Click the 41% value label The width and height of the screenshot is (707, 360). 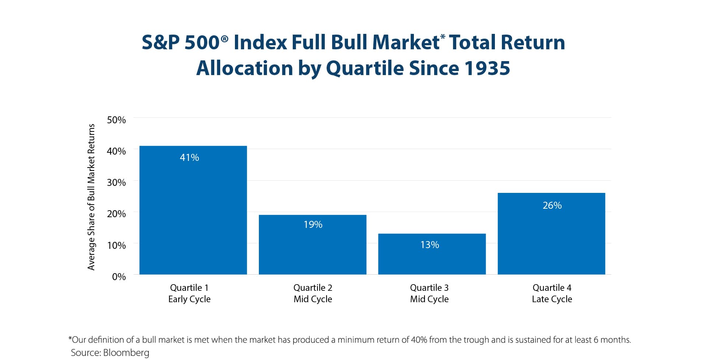pos(189,158)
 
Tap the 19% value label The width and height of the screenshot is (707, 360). pos(313,225)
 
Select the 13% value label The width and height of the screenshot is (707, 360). pos(429,245)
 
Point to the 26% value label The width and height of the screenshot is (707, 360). pos(552,205)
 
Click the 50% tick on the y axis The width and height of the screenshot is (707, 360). pos(116,120)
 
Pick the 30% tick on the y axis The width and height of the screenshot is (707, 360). pos(116,183)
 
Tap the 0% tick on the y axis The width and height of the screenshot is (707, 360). pos(119,277)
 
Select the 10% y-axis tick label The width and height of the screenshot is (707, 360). pos(116,246)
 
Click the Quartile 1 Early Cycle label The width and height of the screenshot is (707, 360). pos(189,293)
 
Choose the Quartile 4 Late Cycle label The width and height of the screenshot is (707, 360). pos(552,293)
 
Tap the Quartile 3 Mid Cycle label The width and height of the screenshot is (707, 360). pos(429,293)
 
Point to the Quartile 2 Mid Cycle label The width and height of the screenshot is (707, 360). pos(313,293)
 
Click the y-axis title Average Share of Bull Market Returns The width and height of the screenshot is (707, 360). pos(91,197)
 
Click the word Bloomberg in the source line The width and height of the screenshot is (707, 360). pos(126,353)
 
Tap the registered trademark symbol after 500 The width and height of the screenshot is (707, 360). pos(225,38)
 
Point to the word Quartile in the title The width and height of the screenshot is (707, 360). pos(365,68)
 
